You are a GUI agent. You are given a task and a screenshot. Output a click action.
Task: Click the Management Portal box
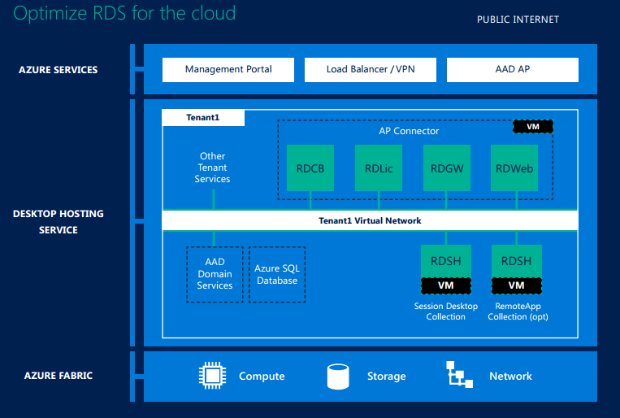228,70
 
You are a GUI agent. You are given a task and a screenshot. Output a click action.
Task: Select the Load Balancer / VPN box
371,70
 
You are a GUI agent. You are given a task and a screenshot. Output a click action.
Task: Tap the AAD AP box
512,70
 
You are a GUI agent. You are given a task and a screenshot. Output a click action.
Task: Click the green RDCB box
310,169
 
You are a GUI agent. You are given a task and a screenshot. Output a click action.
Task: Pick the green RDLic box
379,169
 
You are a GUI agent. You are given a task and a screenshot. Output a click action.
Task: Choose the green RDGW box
447,169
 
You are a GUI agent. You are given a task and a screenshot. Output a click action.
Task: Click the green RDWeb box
515,169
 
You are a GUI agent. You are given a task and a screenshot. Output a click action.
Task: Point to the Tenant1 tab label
203,118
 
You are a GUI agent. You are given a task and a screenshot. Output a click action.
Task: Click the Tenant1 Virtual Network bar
370,220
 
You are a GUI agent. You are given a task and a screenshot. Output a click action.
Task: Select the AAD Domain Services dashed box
215,275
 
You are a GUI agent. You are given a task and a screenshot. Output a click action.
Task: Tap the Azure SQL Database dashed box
277,275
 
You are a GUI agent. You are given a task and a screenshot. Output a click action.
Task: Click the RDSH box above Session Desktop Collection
445,261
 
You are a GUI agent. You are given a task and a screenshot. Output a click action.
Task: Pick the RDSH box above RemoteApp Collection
516,261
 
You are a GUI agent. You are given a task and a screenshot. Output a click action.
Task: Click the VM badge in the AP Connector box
533,127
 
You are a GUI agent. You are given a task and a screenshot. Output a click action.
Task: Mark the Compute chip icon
212,376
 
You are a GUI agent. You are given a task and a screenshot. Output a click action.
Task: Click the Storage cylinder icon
338,376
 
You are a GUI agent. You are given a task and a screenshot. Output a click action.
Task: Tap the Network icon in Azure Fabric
460,376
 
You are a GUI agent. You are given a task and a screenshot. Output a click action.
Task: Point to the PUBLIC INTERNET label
518,20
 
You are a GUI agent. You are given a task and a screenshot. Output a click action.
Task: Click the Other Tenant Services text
212,168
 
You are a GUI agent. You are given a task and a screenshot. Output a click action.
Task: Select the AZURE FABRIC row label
58,376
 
